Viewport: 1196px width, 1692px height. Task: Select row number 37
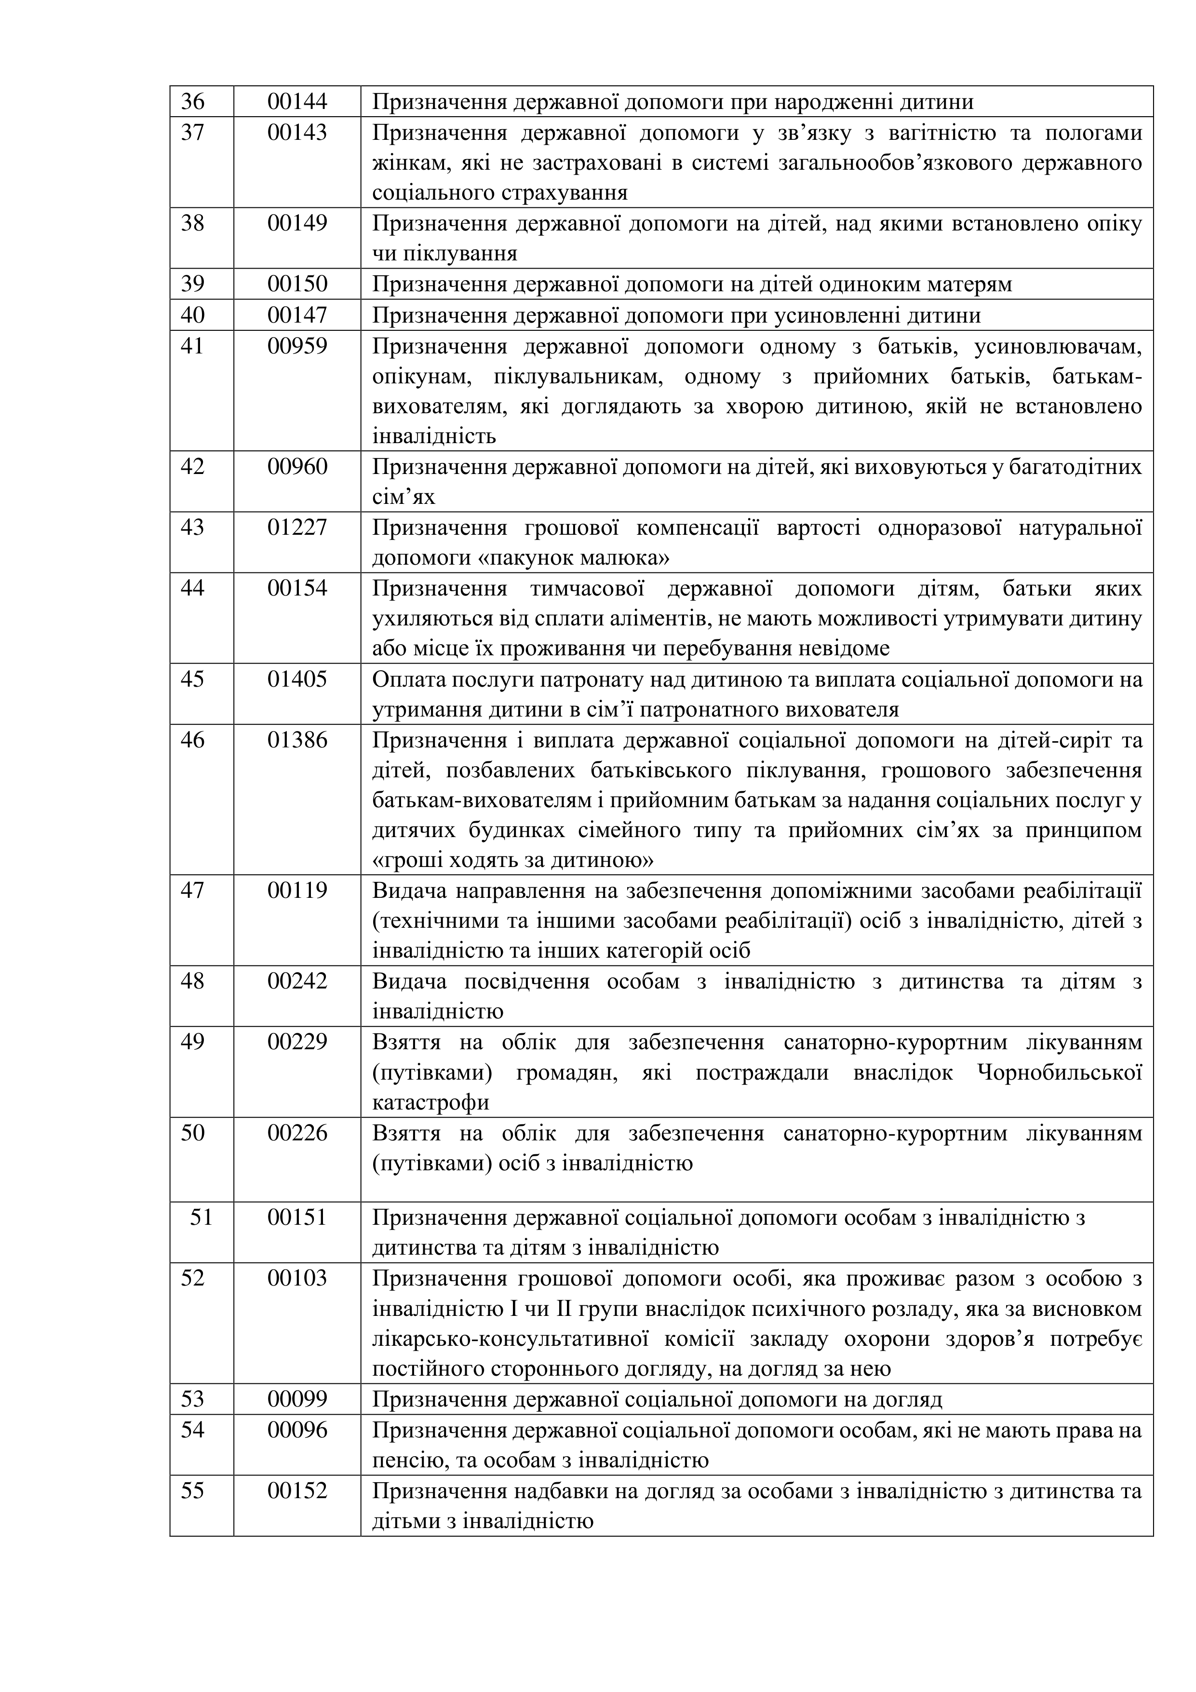(192, 133)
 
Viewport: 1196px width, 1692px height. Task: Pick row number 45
(192, 679)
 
